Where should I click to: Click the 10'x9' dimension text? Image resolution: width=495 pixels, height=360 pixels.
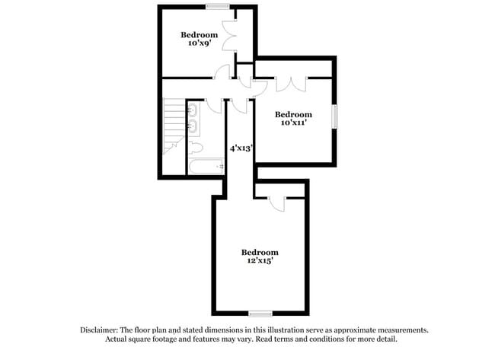point(199,44)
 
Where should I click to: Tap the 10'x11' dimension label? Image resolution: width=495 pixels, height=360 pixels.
point(293,123)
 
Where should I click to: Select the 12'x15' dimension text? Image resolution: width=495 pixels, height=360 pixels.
point(260,261)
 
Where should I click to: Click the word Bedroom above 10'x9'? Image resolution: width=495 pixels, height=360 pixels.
point(199,34)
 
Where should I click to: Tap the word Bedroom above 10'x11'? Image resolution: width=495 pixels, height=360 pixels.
point(293,113)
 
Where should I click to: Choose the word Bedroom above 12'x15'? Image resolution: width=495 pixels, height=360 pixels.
point(260,252)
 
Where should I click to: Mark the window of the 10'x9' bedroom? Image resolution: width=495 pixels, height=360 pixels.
point(219,6)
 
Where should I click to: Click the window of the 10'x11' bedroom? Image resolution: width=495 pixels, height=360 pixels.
point(334,119)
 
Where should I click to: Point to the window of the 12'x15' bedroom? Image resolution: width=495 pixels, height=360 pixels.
point(260,313)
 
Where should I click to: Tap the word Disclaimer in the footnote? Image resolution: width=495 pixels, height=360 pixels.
point(101,330)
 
